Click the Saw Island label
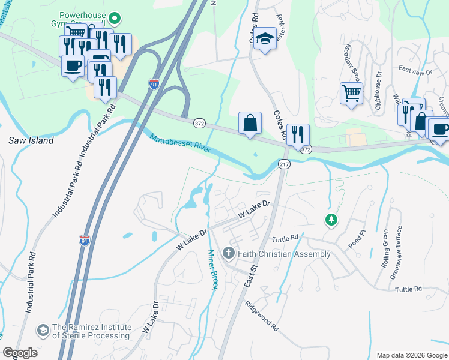pyautogui.click(x=31, y=140)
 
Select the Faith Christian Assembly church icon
pyautogui.click(x=228, y=254)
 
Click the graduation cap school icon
pyautogui.click(x=264, y=40)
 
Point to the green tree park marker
pyautogui.click(x=330, y=220)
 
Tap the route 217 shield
pyautogui.click(x=285, y=164)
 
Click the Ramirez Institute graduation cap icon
pyautogui.click(x=43, y=331)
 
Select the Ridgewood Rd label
pyautogui.click(x=262, y=316)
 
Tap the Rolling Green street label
pyautogui.click(x=385, y=247)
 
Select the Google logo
pyautogui.click(x=20, y=353)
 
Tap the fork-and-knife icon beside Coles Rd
pyautogui.click(x=298, y=135)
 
